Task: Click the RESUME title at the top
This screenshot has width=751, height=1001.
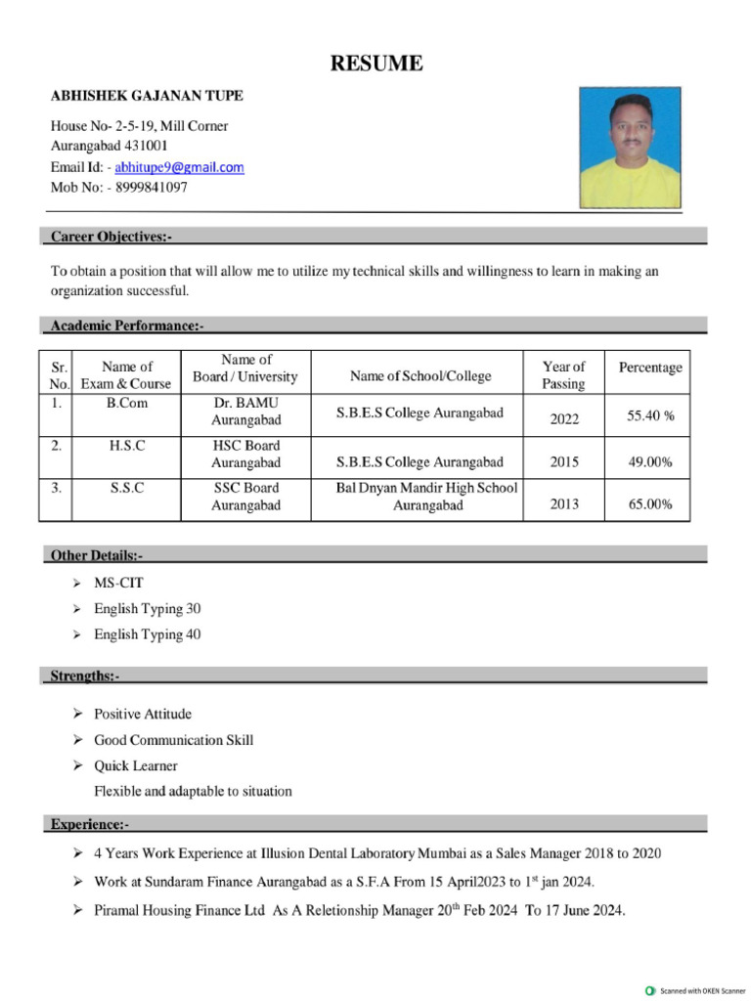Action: point(376,65)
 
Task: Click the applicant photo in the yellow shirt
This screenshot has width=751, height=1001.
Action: point(630,148)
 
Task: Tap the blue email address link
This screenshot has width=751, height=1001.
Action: point(179,167)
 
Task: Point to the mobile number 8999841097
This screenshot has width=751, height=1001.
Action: point(151,187)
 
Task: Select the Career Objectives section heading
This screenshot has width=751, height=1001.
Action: point(110,237)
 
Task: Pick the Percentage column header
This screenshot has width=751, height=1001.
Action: point(650,368)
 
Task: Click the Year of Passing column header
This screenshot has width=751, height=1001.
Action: point(563,375)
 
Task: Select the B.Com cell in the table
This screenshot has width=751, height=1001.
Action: point(126,403)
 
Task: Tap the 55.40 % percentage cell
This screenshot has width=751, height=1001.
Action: point(650,416)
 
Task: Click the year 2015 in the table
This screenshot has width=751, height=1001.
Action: point(564,462)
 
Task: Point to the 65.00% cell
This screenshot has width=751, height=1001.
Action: point(650,504)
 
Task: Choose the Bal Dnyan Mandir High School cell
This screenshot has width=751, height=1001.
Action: point(427,497)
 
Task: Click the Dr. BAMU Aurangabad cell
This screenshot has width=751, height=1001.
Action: point(246,412)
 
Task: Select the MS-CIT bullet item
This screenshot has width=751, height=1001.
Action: point(118,583)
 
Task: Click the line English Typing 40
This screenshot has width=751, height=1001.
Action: point(147,634)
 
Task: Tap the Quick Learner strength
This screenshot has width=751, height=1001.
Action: point(136,765)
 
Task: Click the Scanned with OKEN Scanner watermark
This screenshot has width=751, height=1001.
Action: point(695,990)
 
